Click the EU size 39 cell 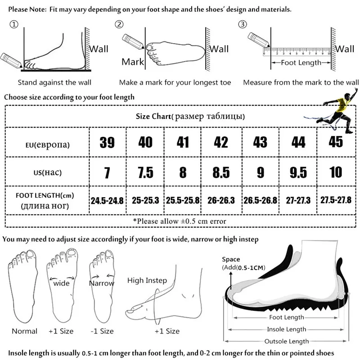tap(107, 143)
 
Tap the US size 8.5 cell tap(221, 172)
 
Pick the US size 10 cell tap(336, 171)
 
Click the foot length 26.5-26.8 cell tap(260, 200)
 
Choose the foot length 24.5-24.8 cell tap(107, 200)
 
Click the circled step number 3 tap(243, 24)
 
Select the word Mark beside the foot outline tap(132, 62)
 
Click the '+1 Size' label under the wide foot tap(60, 331)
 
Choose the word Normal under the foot tap(25, 331)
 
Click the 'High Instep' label tap(147, 280)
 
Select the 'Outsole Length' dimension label tap(287, 341)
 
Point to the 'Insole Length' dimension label tap(287, 329)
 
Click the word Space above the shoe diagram tap(231, 260)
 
